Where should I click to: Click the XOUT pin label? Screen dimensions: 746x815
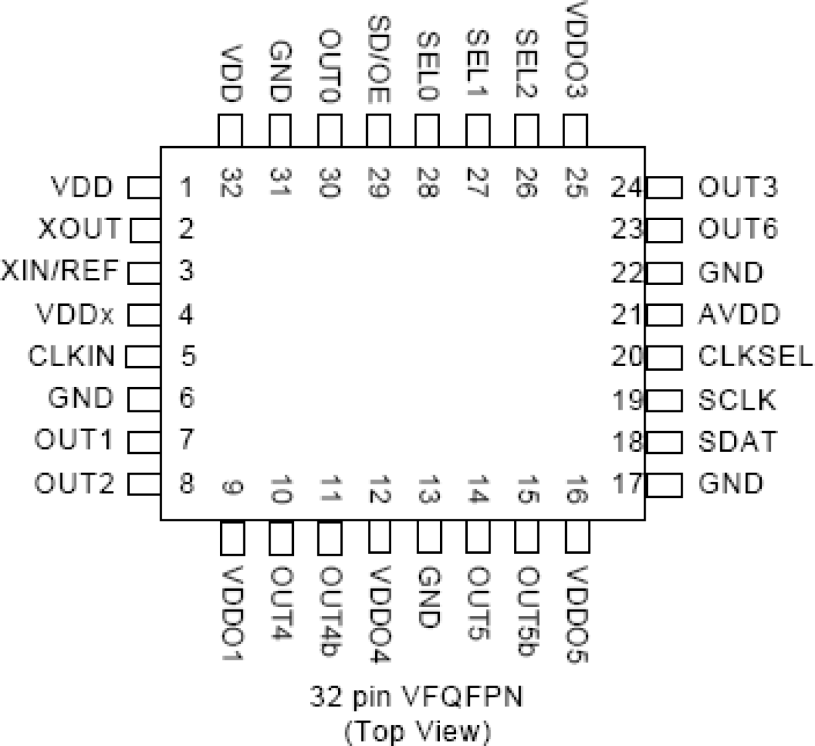(x=80, y=229)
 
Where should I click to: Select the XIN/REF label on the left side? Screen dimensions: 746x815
(x=60, y=270)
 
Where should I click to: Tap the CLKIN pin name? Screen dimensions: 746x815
(x=71, y=356)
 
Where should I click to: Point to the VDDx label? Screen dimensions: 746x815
(x=75, y=314)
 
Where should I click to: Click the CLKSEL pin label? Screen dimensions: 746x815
(x=755, y=356)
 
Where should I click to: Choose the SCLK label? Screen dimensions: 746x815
(x=737, y=400)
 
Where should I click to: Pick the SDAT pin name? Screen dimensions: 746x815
(x=737, y=441)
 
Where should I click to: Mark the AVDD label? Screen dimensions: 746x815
(x=739, y=314)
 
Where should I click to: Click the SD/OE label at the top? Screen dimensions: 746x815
(x=379, y=60)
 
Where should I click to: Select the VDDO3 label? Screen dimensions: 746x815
(x=576, y=51)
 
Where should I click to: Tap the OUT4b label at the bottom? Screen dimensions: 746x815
(x=330, y=612)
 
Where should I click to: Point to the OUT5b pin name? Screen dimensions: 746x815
(x=528, y=612)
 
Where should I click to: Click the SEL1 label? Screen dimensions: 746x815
(x=477, y=64)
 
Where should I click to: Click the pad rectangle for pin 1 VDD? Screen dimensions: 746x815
(x=144, y=188)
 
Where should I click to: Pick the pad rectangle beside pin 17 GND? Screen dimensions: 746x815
(x=664, y=484)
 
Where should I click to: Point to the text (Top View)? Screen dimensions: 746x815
(x=417, y=731)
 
